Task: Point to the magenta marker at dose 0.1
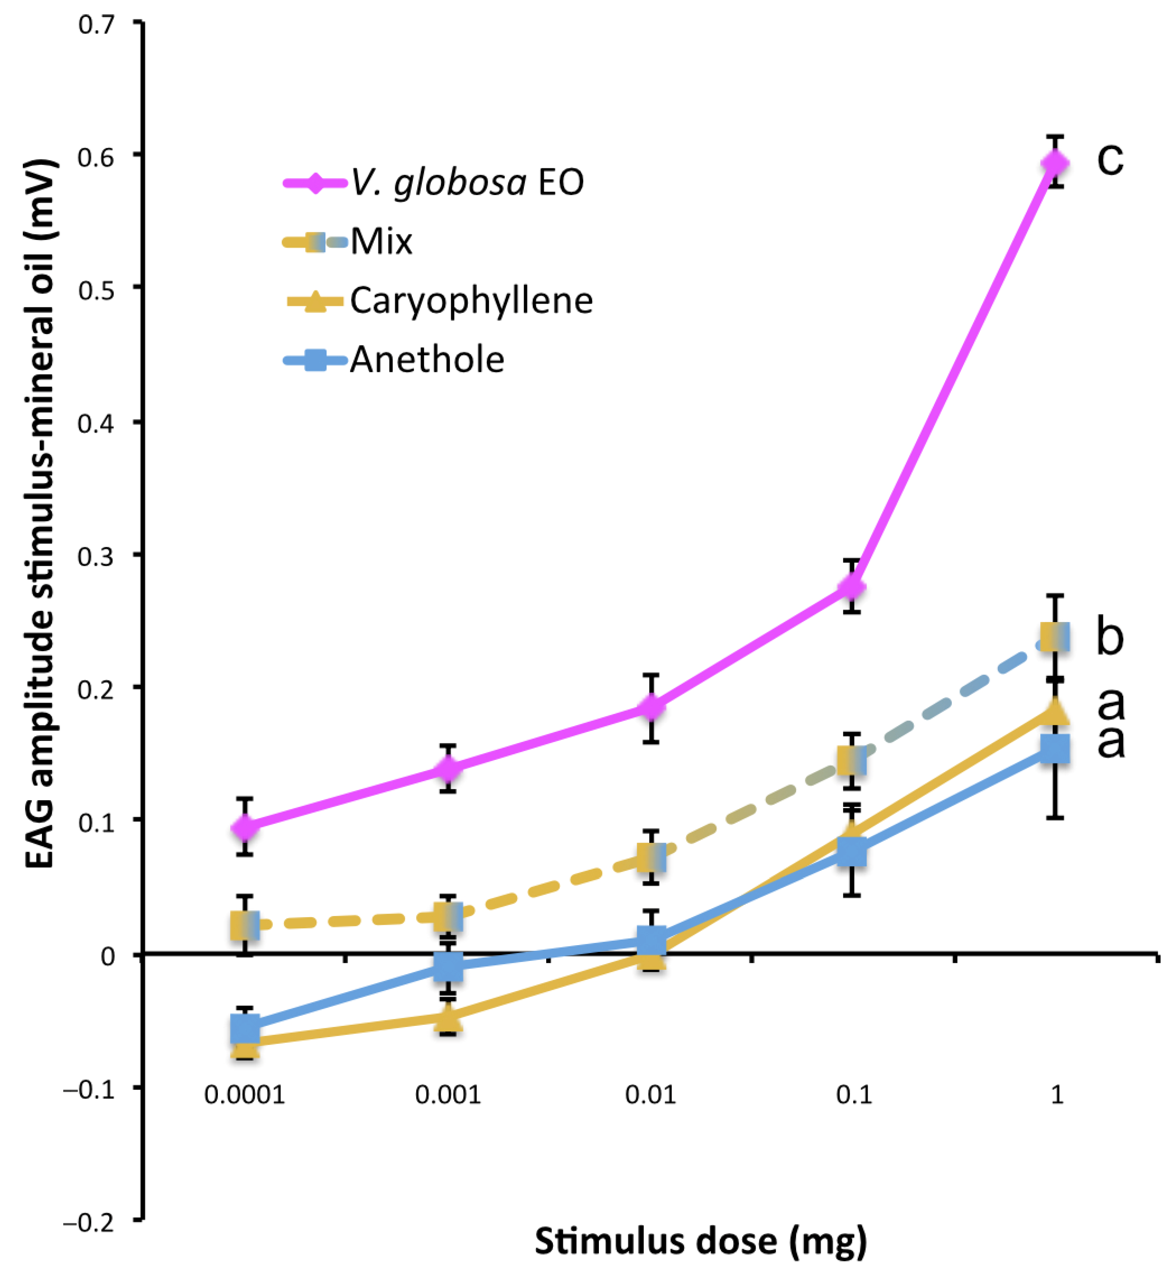click(x=851, y=587)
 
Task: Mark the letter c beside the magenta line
click(x=1110, y=159)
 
